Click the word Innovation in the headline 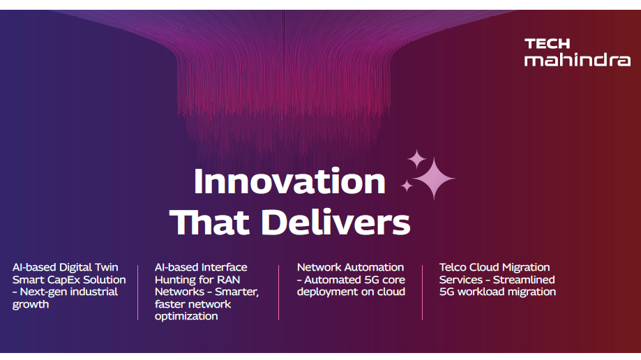click(x=289, y=181)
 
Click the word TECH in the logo click(x=547, y=43)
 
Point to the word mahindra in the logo click(x=578, y=60)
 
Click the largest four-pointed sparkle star click(x=434, y=179)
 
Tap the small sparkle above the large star click(x=416, y=159)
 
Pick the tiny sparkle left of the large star click(x=407, y=186)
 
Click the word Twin click(x=106, y=267)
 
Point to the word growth click(x=31, y=304)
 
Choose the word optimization click(x=186, y=316)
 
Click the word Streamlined click(x=524, y=280)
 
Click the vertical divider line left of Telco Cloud click(x=422, y=292)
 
